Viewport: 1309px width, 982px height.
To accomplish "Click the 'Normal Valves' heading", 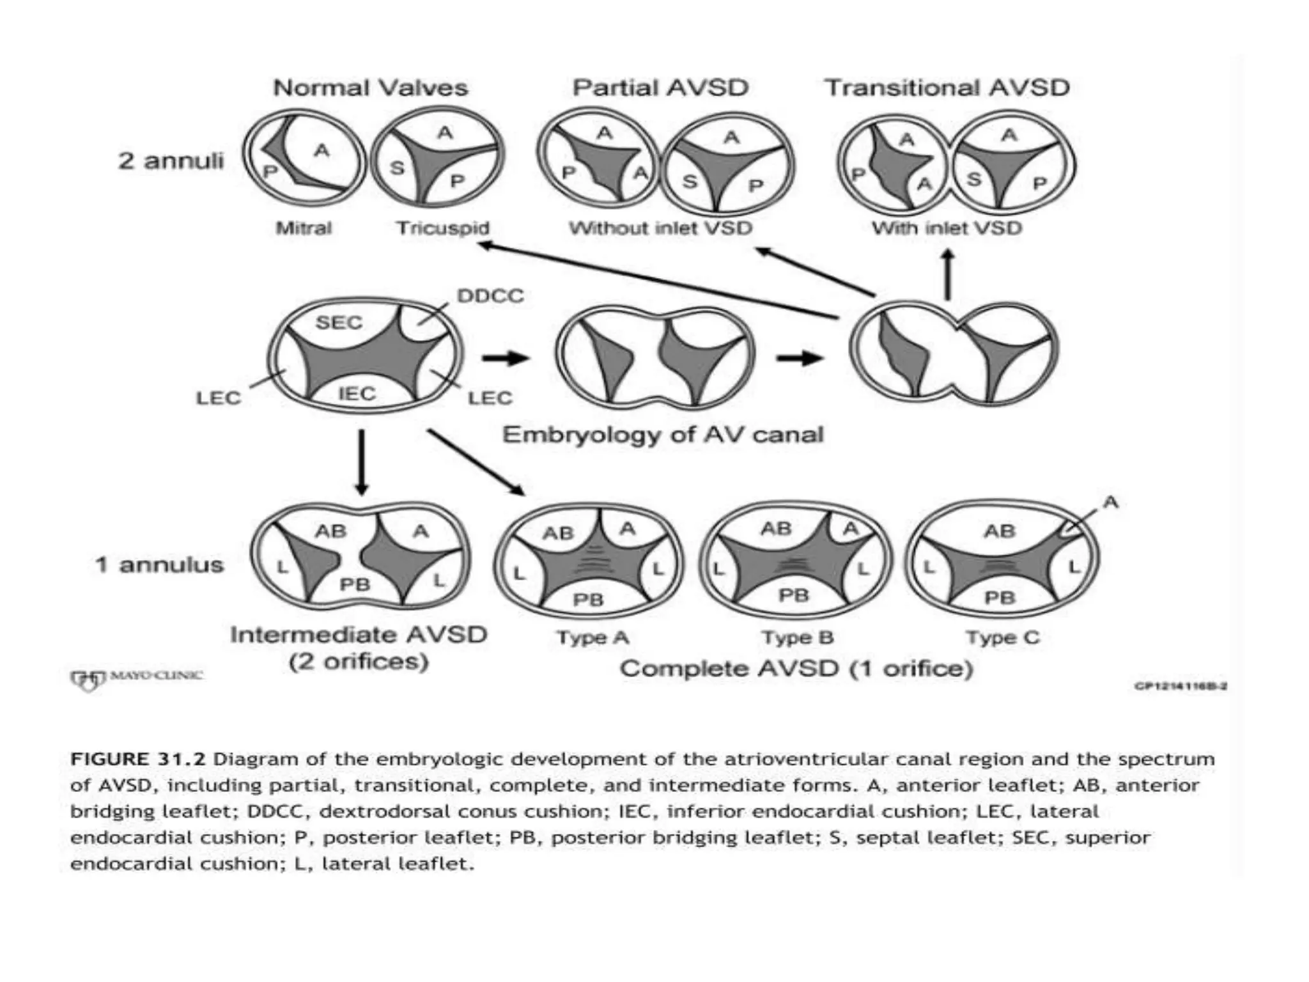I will tap(370, 88).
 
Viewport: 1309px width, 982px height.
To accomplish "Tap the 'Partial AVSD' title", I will tap(660, 88).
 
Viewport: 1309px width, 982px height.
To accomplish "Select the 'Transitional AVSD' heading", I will tap(947, 88).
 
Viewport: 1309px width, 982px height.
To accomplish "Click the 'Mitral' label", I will tap(304, 228).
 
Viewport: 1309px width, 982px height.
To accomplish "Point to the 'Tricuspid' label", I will tap(442, 228).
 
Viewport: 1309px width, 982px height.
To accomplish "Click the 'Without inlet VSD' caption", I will tap(660, 228).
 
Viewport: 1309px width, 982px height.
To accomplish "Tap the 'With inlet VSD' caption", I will tap(947, 228).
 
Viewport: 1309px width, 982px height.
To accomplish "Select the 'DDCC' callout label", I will tap(490, 296).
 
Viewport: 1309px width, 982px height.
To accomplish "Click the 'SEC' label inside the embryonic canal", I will tap(339, 322).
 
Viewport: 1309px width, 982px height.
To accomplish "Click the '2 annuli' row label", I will tap(171, 160).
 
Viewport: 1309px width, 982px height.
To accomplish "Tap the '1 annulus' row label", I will tap(159, 565).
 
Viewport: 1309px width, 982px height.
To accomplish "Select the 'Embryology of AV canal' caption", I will tap(662, 435).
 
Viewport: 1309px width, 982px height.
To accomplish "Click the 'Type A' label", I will tap(593, 637).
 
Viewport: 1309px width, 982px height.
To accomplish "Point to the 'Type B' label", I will tap(797, 637).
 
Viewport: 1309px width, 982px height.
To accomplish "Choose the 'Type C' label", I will tap(1002, 637).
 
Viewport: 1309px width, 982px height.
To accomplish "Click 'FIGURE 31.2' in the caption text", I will tap(138, 760).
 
